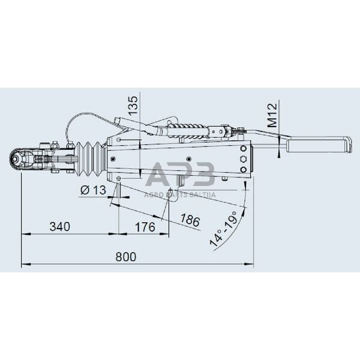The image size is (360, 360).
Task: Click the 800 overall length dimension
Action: pyautogui.click(x=125, y=257)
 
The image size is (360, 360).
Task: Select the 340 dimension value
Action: pyautogui.click(x=59, y=227)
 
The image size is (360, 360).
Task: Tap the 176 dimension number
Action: pyautogui.click(x=145, y=227)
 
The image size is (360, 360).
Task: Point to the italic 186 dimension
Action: pyautogui.click(x=190, y=221)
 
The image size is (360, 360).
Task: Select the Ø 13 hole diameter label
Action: pyautogui.click(x=92, y=190)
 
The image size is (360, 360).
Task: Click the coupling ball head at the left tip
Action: pyautogui.click(x=16, y=159)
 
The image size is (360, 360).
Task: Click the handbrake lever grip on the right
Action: pyautogui.click(x=318, y=145)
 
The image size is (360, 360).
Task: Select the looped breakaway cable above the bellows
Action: pyautogui.click(x=81, y=123)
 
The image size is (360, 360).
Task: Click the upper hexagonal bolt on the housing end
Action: pyautogui.click(x=242, y=159)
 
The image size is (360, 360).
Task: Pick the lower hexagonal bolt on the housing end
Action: pyautogui.click(x=242, y=170)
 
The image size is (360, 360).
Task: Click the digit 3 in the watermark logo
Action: pyautogui.click(x=204, y=175)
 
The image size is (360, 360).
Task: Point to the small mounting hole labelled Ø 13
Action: pyautogui.click(x=119, y=179)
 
